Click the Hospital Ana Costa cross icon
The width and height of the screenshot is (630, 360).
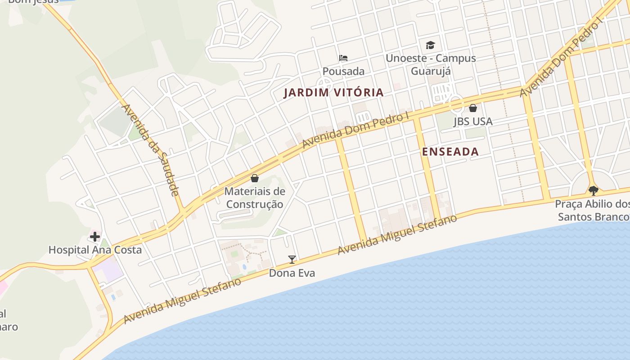[x=95, y=236]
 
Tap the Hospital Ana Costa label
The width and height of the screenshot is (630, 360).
[x=95, y=250]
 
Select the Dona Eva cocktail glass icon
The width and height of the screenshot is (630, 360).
[x=292, y=259]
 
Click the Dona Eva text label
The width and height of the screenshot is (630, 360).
[x=292, y=273]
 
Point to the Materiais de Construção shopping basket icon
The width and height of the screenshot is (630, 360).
[x=255, y=178]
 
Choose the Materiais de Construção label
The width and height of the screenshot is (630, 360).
[x=255, y=198]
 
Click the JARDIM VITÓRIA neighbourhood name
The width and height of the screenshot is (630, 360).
[x=333, y=93]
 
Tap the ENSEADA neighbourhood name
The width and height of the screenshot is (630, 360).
[x=450, y=152]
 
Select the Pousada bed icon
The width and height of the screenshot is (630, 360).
[x=343, y=58]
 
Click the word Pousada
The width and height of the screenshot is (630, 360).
[x=343, y=71]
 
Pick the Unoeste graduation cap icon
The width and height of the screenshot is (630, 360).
[x=431, y=45]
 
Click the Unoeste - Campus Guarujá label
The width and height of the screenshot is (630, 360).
[x=431, y=64]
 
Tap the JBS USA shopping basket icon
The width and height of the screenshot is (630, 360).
[x=473, y=108]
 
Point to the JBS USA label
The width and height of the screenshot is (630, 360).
[x=473, y=121]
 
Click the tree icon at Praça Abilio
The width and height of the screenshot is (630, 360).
[x=594, y=190]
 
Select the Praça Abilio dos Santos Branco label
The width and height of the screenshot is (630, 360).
[x=592, y=210]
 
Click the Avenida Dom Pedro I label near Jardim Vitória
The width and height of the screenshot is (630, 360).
[x=355, y=130]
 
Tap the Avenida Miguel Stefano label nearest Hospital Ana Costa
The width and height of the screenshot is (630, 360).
[x=182, y=301]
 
